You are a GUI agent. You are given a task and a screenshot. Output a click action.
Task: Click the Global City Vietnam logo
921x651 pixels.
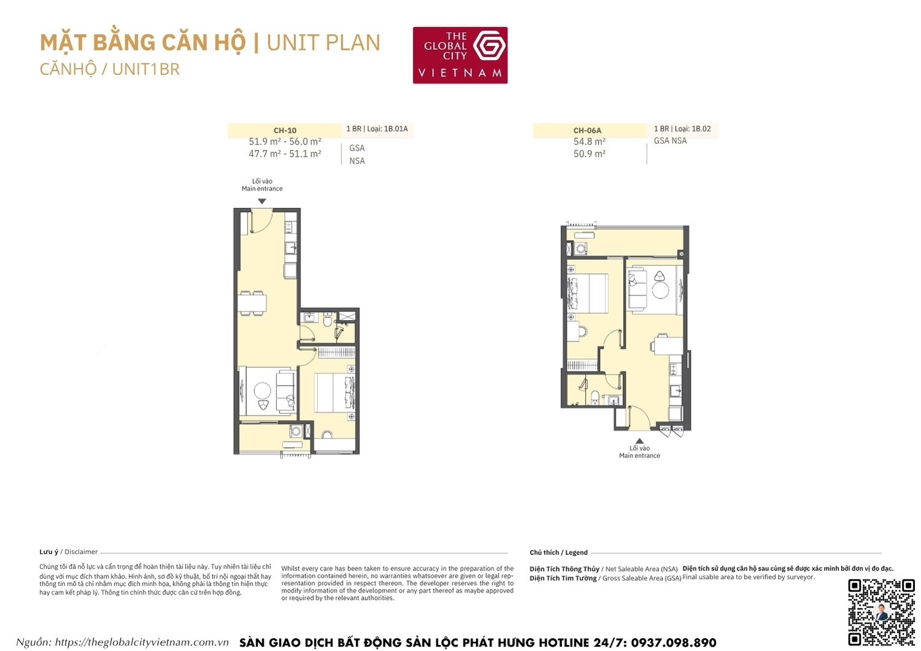(460, 55)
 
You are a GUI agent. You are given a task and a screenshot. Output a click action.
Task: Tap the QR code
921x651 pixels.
(881, 612)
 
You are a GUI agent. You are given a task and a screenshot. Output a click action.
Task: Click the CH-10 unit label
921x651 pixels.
(285, 130)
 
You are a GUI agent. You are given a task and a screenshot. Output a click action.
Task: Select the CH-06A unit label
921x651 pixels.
(587, 130)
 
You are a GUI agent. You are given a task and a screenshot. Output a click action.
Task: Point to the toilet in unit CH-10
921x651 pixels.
(327, 320)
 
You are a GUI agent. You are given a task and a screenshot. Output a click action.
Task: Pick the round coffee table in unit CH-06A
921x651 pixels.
(660, 289)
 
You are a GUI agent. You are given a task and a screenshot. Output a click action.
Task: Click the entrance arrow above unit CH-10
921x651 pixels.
(262, 201)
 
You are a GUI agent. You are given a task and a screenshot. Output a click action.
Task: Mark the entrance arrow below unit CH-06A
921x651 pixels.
(639, 440)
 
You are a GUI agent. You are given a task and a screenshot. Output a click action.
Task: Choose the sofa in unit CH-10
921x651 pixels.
(285, 391)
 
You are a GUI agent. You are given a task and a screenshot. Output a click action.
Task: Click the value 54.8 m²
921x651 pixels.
(589, 142)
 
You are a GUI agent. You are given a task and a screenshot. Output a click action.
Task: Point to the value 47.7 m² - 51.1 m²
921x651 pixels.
(285, 154)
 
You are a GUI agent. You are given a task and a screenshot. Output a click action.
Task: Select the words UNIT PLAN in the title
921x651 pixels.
(324, 43)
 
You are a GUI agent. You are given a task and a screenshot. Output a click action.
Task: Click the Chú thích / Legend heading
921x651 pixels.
(559, 553)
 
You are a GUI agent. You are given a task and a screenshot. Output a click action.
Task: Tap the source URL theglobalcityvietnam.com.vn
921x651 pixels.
(142, 642)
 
